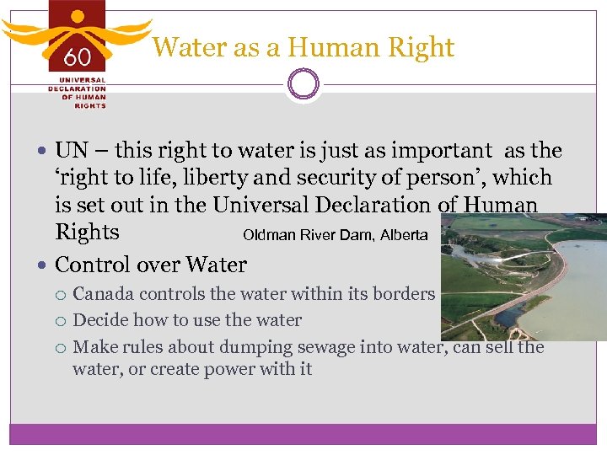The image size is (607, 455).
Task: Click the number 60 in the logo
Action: pyautogui.click(x=77, y=57)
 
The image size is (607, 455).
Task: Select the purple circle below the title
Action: pyautogui.click(x=303, y=84)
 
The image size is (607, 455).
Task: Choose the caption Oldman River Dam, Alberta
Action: pyautogui.click(x=335, y=235)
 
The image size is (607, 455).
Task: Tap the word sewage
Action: pyautogui.click(x=310, y=346)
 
